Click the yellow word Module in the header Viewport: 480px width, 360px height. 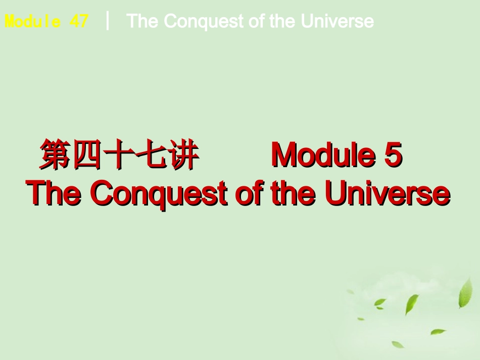click(x=33, y=21)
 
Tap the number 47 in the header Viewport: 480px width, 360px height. click(x=79, y=21)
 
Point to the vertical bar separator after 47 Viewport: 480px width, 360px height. click(x=108, y=21)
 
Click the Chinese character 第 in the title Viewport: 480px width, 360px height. click(x=56, y=155)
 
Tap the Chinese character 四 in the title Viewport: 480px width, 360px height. click(x=87, y=155)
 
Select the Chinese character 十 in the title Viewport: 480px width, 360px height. click(x=119, y=155)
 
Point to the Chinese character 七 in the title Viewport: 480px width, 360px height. click(x=151, y=155)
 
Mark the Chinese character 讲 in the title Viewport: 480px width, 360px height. click(x=183, y=155)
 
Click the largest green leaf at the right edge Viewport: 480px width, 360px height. click(x=465, y=293)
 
